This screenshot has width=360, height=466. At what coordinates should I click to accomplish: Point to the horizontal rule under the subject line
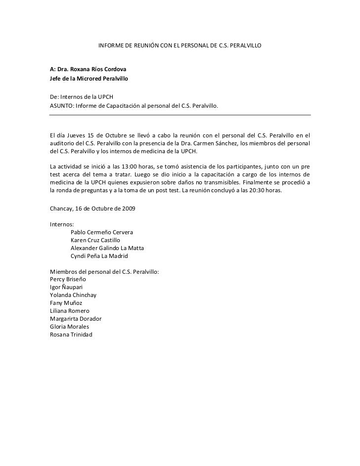(180, 115)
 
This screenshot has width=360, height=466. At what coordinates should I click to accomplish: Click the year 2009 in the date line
(126, 209)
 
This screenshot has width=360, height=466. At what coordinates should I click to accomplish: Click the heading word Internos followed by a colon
(62, 224)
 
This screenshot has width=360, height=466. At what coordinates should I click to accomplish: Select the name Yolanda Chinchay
(73, 295)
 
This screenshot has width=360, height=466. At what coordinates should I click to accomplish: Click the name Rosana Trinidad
(72, 335)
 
